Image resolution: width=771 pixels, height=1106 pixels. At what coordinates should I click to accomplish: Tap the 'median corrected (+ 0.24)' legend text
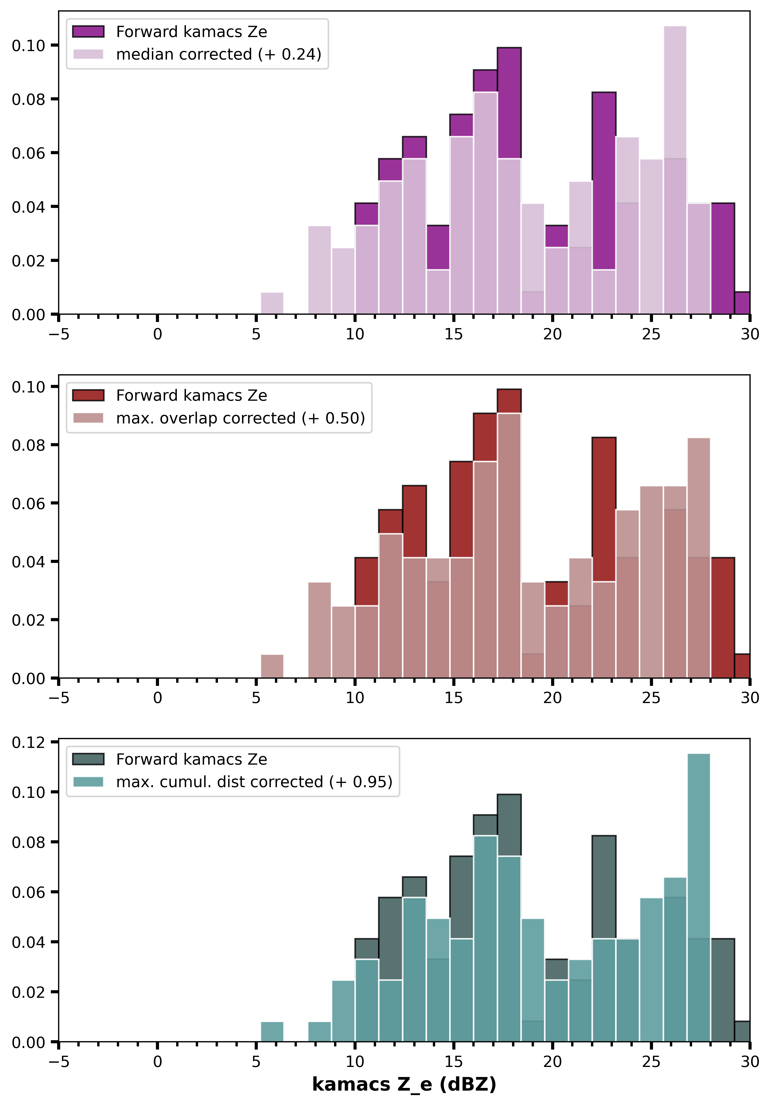219,54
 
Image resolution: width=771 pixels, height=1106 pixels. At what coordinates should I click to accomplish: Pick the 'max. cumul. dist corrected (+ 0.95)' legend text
254,782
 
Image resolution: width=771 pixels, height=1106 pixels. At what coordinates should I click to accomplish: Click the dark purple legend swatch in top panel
88,32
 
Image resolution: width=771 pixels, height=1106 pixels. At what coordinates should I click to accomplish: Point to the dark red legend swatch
88,396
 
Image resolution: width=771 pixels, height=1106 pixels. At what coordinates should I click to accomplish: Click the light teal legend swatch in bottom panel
88,782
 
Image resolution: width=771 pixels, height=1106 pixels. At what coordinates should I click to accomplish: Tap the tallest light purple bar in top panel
675,170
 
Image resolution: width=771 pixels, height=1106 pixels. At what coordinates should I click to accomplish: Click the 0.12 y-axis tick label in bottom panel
29,742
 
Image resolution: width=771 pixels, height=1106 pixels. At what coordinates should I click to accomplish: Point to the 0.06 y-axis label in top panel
29,153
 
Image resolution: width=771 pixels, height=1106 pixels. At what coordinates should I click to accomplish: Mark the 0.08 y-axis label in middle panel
29,445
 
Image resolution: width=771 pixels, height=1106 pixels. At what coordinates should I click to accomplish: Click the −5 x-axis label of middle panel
59,698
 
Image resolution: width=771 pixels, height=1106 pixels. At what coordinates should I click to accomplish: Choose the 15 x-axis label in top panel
454,334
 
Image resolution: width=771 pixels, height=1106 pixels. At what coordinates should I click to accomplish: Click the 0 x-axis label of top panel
157,334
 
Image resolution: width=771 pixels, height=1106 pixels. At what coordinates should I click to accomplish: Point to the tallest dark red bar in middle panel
509,533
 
